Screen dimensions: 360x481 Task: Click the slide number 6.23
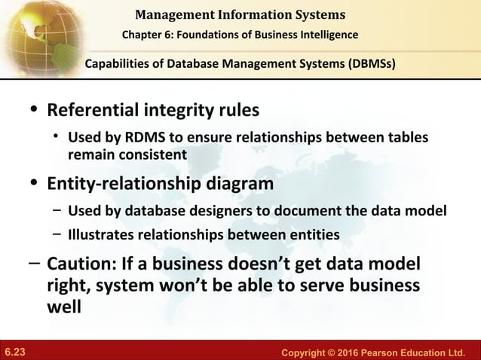(x=15, y=351)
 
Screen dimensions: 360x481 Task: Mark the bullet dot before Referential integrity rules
(x=32, y=110)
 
